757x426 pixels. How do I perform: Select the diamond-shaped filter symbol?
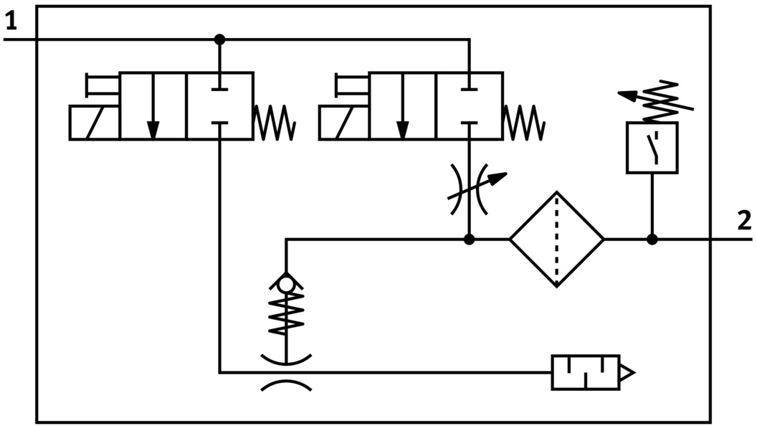557,239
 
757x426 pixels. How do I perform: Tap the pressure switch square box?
652,147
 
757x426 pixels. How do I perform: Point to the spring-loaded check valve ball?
286,285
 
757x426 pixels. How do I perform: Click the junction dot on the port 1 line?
219,39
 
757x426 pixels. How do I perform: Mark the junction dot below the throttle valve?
469,239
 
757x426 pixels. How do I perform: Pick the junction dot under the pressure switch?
652,239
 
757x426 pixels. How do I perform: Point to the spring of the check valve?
286,316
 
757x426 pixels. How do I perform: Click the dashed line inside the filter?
557,239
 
